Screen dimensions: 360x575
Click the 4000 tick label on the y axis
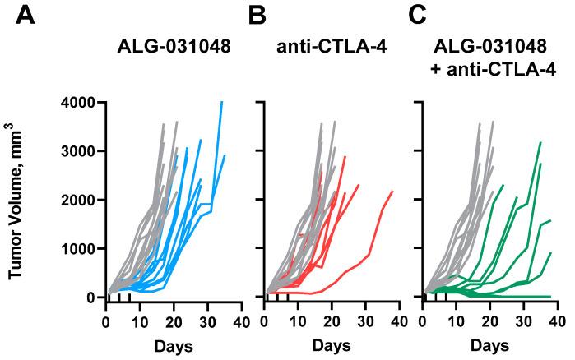coord(77,103)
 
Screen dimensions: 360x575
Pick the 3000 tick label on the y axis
coord(77,151)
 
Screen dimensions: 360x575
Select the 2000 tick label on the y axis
coord(77,200)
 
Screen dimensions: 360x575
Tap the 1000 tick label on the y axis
coord(77,248)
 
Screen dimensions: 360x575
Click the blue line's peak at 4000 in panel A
coord(221,103)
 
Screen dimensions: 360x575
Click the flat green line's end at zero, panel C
coord(549,296)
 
